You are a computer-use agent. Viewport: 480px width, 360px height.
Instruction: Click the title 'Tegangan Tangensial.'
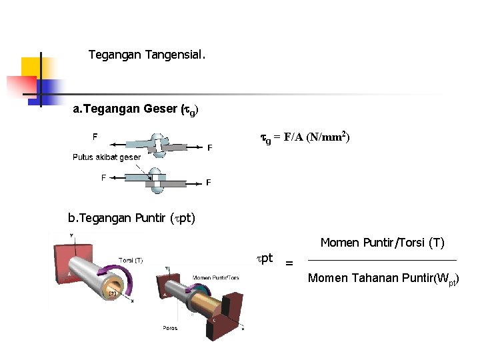point(147,55)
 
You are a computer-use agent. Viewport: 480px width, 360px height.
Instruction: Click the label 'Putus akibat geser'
point(107,157)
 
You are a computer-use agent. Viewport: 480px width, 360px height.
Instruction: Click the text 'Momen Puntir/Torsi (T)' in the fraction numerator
point(382,243)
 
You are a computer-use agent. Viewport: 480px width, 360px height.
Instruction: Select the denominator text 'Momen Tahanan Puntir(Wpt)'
point(383,279)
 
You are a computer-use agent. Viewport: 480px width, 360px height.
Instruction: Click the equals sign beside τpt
point(289,263)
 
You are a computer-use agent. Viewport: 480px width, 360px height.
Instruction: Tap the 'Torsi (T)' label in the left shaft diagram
point(131,260)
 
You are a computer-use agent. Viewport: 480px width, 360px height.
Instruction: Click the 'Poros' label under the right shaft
point(170,328)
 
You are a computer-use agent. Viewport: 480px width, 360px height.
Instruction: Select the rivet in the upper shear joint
point(158,145)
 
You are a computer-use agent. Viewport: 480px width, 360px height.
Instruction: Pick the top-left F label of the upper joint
point(95,137)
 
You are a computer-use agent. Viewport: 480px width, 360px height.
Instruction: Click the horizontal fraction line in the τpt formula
point(382,260)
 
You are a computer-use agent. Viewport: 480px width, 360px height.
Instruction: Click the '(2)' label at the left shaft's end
point(113,293)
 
